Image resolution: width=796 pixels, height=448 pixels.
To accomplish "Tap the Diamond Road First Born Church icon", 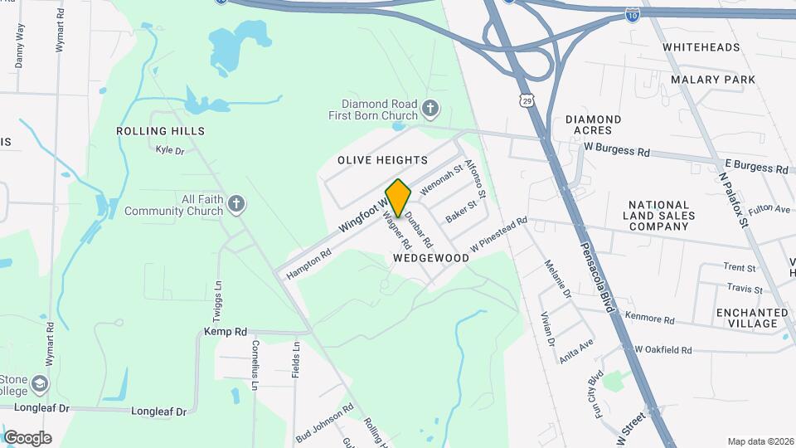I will tap(430, 108).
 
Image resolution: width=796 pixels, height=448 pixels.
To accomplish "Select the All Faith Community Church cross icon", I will tap(236, 204).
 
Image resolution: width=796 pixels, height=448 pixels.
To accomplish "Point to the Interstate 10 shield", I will tap(632, 14).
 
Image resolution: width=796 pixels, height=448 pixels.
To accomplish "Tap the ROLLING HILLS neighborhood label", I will tap(161, 131).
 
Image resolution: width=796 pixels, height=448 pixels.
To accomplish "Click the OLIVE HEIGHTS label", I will tap(382, 159).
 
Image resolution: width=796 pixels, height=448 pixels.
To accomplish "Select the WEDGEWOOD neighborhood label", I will tap(431, 258).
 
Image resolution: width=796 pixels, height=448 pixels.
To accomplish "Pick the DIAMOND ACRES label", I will tap(594, 124).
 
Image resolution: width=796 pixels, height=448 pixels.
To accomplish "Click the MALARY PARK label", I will tap(713, 80).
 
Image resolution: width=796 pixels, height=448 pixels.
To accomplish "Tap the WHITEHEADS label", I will tap(701, 47).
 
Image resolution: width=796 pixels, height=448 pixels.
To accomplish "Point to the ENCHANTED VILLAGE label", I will tap(752, 319).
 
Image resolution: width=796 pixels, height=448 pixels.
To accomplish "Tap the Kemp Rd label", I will tap(226, 331).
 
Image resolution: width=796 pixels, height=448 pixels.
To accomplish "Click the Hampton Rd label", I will tap(308, 263).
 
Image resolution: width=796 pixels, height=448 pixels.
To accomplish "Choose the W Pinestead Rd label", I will tap(498, 235).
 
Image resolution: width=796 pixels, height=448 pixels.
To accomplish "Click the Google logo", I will tap(27, 438).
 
